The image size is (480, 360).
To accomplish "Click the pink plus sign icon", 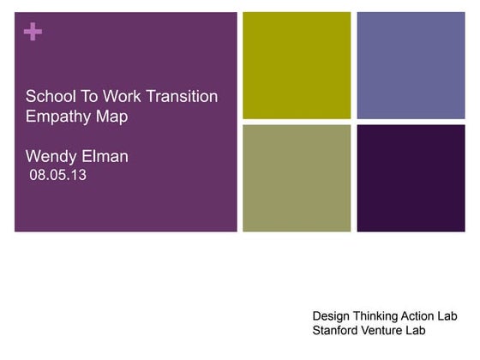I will pos(33,33).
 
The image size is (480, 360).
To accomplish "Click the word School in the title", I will pos(49,96).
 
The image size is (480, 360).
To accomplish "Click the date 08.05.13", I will pos(58,176).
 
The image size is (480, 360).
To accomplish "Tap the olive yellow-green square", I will pos(297,65).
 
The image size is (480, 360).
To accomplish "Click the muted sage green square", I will pos(297,178).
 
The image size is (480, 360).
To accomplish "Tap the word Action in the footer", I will pos(428,315).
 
